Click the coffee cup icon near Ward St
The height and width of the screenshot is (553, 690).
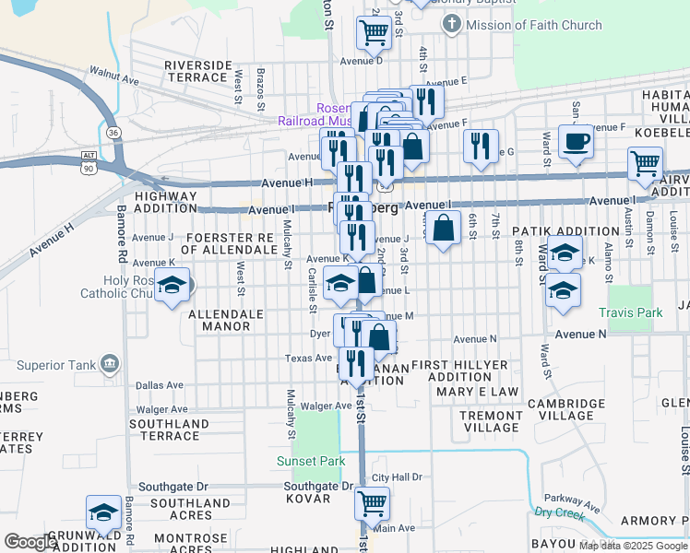(576, 142)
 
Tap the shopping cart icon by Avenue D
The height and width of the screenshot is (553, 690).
(374, 31)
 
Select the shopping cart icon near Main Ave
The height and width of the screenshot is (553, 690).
(372, 503)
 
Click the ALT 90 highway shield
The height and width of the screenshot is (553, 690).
(89, 162)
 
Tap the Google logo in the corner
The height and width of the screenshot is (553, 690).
(30, 542)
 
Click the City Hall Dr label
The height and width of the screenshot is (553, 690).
(397, 477)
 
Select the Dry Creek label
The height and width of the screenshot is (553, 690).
(560, 512)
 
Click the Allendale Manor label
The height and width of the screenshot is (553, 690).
(226, 320)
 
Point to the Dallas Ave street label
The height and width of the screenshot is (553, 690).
(160, 384)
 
